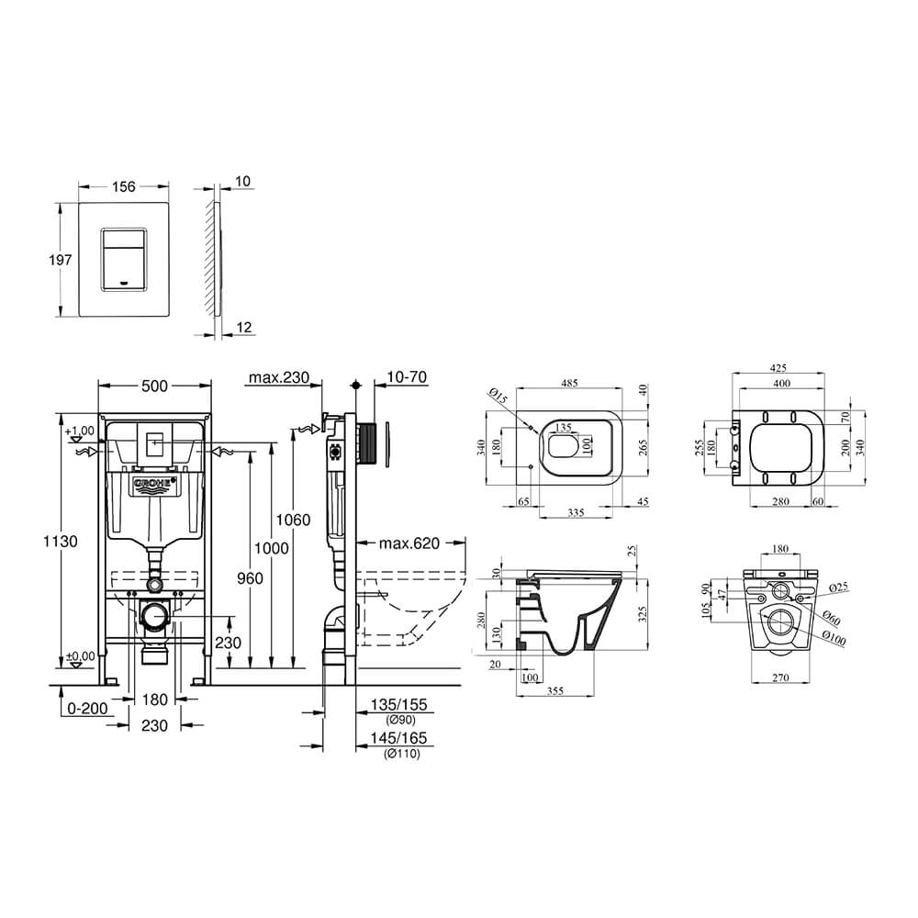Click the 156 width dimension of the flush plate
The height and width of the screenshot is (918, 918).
124,186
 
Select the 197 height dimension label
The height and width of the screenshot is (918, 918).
61,260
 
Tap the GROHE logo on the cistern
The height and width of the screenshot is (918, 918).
154,484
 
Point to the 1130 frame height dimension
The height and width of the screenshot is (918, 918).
60,541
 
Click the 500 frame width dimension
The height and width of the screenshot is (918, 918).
154,386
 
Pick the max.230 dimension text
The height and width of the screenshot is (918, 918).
279,377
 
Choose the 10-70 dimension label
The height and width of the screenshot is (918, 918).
407,377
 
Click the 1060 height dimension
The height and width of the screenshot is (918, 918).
294,520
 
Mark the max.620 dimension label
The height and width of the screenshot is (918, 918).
409,543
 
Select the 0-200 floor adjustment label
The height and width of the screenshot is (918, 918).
87,709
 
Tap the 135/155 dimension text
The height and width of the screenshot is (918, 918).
398,704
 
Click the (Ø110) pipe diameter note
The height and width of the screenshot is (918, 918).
402,754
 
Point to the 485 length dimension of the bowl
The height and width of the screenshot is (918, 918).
570,383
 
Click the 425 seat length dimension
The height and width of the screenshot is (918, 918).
778,368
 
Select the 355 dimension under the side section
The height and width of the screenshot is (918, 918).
555,691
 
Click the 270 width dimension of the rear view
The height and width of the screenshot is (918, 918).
780,678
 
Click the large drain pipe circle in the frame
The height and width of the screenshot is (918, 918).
154,617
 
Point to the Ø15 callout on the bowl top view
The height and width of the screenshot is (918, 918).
498,396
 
